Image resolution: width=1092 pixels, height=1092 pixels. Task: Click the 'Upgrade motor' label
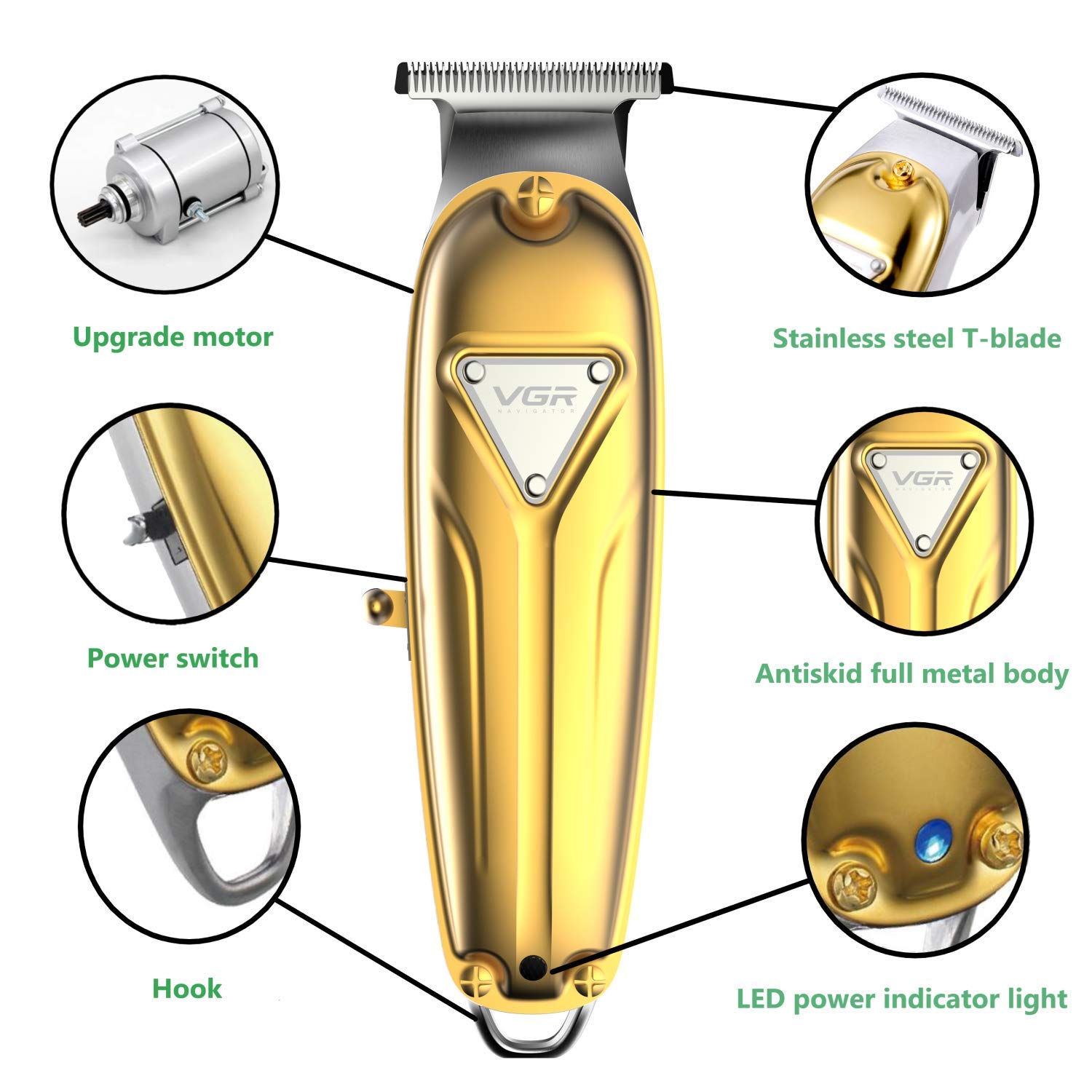(x=173, y=337)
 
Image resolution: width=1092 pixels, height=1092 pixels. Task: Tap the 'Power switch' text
(x=173, y=658)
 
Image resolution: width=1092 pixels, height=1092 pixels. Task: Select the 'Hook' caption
(x=187, y=989)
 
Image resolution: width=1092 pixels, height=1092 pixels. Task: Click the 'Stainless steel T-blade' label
(x=917, y=339)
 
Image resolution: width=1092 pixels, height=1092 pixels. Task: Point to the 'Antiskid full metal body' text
(x=911, y=673)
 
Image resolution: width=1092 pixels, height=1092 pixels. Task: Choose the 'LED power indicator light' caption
(x=902, y=999)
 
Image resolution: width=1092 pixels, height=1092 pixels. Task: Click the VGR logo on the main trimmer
(x=536, y=397)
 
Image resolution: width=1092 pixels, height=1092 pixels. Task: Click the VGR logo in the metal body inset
(x=922, y=478)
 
